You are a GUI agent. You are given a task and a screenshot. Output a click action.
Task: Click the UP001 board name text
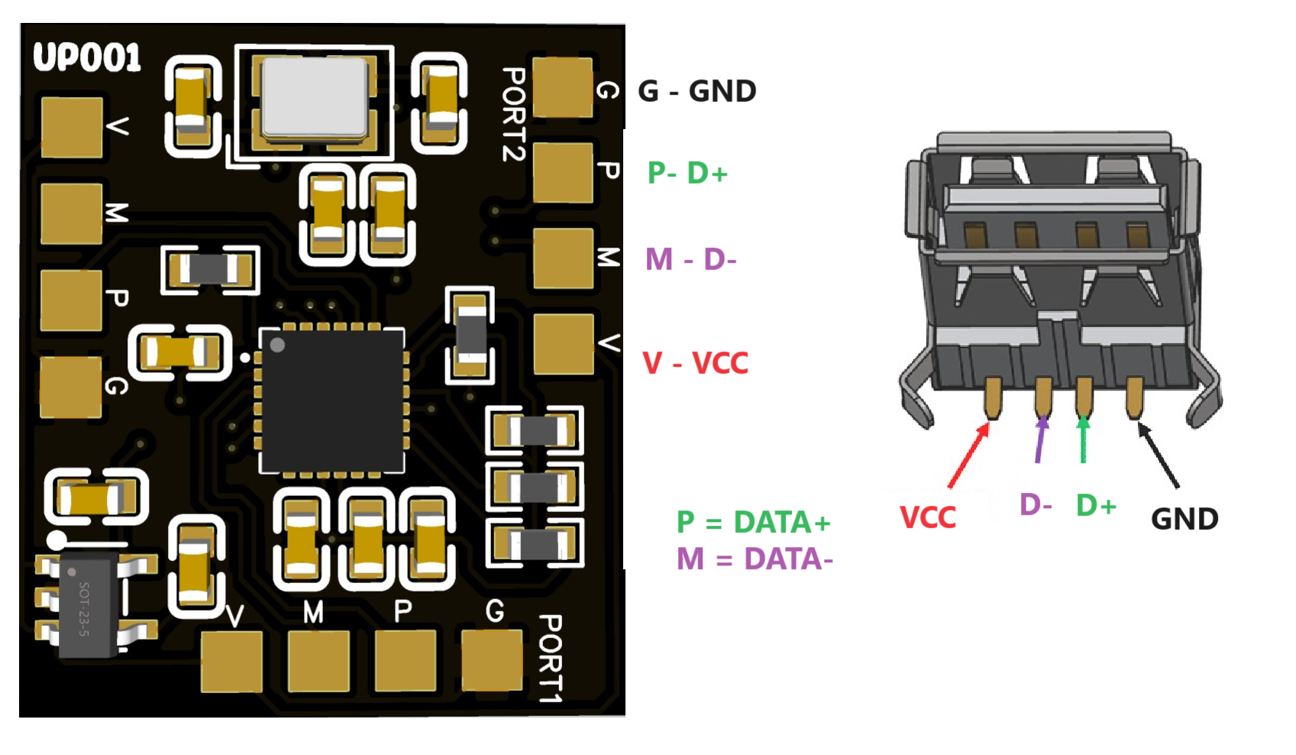tap(87, 58)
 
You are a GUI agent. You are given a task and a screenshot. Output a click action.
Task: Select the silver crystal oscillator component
tap(314, 98)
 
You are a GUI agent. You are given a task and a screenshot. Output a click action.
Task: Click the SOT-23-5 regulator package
tap(86, 608)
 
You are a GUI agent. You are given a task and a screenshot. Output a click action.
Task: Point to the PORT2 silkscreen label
tap(513, 114)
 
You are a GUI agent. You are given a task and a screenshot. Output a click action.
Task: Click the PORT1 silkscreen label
tap(550, 658)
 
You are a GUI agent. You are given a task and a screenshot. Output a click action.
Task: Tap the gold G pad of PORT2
tap(563, 87)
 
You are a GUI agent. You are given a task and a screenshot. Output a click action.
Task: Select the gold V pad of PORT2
tap(564, 344)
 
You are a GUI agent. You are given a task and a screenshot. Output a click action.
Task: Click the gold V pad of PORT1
tap(231, 661)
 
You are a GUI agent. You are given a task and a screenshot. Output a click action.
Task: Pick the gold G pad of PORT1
tap(493, 659)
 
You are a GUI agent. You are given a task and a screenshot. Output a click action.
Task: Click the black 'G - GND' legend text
tap(696, 92)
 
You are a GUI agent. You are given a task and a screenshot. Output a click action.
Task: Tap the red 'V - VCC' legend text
tap(695, 363)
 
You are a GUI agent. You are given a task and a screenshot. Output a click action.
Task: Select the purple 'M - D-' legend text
tap(690, 260)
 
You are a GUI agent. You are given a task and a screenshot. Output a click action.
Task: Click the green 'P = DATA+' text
tap(753, 523)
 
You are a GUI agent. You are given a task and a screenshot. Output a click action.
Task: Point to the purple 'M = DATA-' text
tap(755, 559)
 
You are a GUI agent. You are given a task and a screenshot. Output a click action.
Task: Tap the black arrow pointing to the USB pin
tap(1159, 455)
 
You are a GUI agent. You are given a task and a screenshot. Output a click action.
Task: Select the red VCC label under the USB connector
tap(928, 518)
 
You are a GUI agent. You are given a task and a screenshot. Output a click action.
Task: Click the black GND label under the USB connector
tap(1184, 520)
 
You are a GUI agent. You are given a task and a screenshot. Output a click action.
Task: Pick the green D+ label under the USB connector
tap(1096, 505)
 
